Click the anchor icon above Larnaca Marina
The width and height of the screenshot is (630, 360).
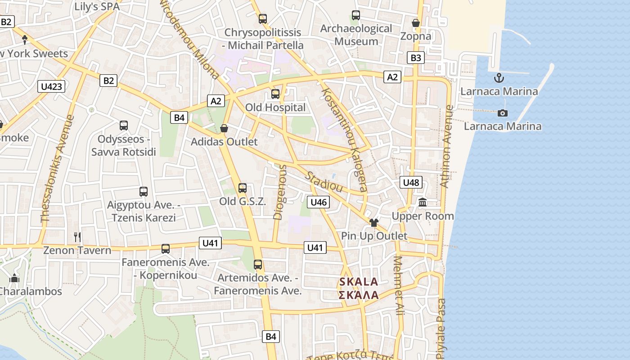[x=499, y=78]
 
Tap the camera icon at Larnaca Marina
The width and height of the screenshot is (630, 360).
[x=503, y=112]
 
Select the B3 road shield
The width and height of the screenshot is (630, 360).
[x=416, y=58]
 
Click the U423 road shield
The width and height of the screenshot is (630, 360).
[x=51, y=86]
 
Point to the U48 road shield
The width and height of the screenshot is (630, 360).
[x=411, y=182]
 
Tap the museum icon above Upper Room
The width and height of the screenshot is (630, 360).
[x=423, y=202]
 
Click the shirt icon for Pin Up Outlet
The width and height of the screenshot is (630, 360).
[x=373, y=222]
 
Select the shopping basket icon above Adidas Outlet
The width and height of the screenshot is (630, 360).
[x=224, y=128]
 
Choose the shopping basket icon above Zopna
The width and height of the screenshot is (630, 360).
[x=416, y=22]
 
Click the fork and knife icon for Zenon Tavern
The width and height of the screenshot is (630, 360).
[x=77, y=237]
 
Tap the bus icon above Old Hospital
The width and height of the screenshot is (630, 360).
[x=275, y=94]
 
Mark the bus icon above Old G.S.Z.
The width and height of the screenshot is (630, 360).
[x=243, y=188]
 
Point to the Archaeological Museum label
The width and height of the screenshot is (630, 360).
[x=356, y=35]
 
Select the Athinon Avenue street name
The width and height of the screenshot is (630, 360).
[x=445, y=146]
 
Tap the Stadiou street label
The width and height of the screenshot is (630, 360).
[x=324, y=182]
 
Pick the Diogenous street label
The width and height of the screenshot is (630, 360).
[x=280, y=192]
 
